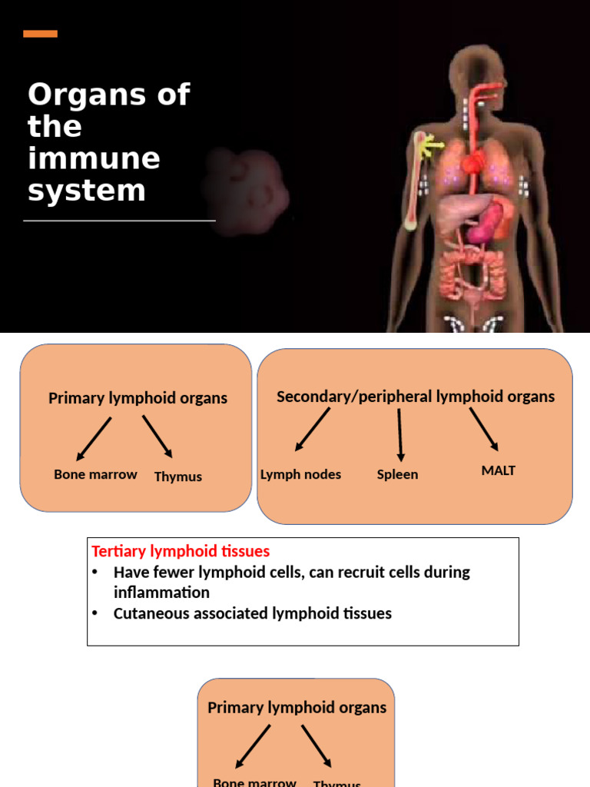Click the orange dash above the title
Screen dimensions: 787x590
click(40, 33)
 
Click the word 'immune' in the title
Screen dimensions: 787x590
click(94, 158)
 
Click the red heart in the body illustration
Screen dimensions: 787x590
click(474, 161)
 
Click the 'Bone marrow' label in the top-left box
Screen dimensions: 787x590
click(95, 474)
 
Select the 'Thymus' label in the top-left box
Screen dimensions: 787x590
click(177, 477)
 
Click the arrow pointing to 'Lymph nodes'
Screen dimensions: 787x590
click(312, 429)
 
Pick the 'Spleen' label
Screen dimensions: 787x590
click(397, 474)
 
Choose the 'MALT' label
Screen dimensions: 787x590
click(498, 470)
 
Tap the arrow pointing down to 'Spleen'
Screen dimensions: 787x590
click(399, 434)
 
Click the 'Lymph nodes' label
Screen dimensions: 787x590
click(300, 474)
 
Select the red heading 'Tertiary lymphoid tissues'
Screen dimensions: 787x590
click(181, 551)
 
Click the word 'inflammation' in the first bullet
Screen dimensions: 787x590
click(161, 593)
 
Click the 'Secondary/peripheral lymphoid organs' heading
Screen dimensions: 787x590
click(415, 397)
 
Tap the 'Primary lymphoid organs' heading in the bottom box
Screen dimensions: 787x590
click(297, 707)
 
